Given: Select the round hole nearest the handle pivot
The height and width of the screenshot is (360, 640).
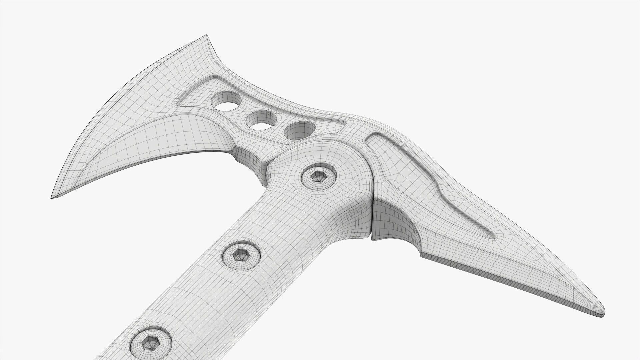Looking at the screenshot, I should click(x=299, y=131).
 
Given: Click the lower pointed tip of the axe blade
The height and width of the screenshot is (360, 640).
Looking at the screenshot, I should click(x=52, y=198).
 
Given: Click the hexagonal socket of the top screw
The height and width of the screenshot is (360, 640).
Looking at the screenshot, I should click(x=318, y=177).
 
